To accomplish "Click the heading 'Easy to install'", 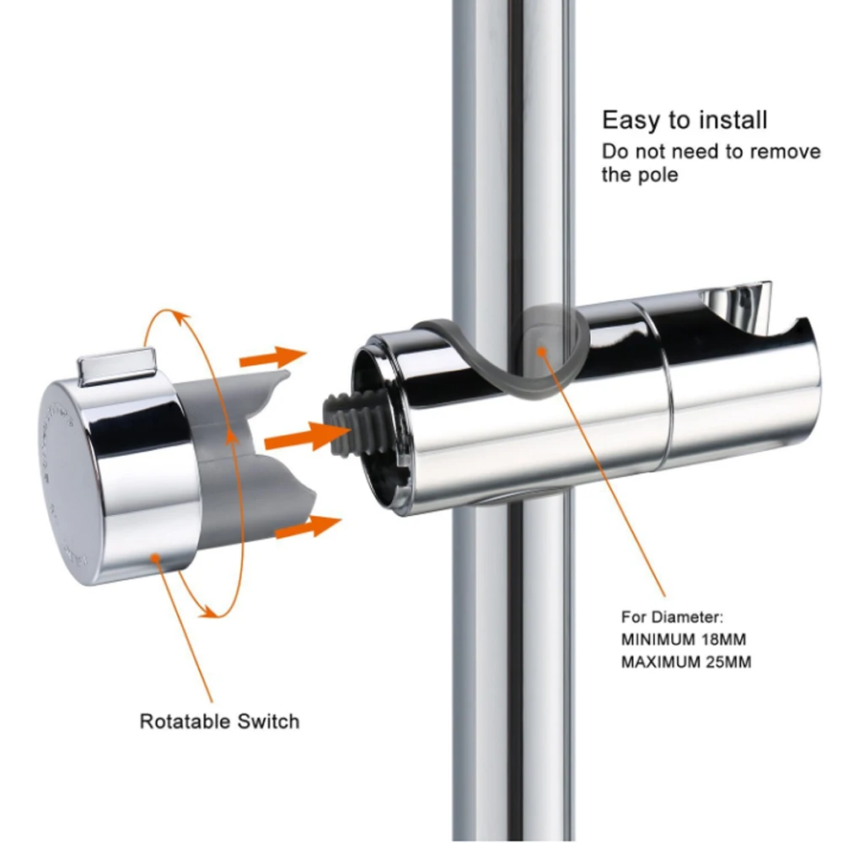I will (x=685, y=120).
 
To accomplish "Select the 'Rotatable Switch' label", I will (x=219, y=721).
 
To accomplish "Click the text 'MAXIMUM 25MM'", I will (x=685, y=662).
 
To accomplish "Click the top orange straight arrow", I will (x=271, y=356).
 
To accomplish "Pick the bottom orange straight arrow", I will (x=307, y=529).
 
